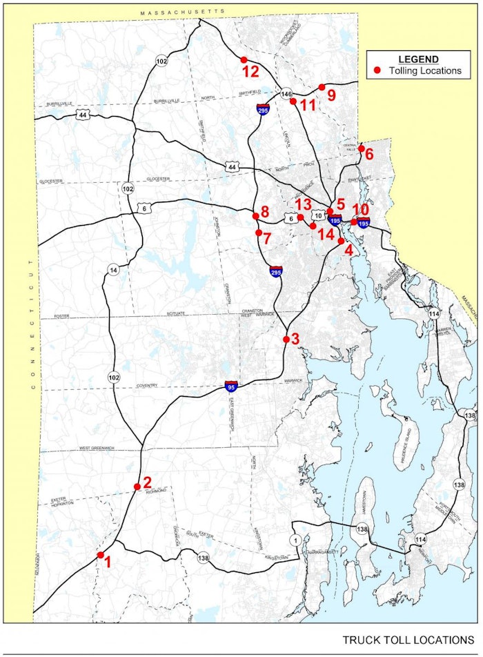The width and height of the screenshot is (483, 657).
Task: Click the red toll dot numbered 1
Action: pyautogui.click(x=101, y=555)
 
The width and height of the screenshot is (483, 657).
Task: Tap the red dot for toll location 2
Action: pyautogui.click(x=137, y=487)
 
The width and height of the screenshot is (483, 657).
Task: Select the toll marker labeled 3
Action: pyautogui.click(x=286, y=339)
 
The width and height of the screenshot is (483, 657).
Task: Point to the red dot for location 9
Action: pyautogui.click(x=322, y=87)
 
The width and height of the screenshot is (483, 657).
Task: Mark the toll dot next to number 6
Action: pyautogui.click(x=361, y=148)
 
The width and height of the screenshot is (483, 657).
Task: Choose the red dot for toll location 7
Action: pyautogui.click(x=258, y=233)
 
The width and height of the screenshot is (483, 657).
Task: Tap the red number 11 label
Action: pyautogui.click(x=308, y=104)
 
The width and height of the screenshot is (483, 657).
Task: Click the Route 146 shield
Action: pyautogui.click(x=287, y=93)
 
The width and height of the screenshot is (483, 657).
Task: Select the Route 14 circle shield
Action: pyautogui.click(x=113, y=269)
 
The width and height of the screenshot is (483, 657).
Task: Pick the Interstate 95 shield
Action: pyautogui.click(x=232, y=387)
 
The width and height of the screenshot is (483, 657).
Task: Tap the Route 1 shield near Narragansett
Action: pyautogui.click(x=295, y=540)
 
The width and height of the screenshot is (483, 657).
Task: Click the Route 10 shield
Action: pyautogui.click(x=319, y=215)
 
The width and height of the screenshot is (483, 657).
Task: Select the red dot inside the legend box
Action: pyautogui.click(x=377, y=70)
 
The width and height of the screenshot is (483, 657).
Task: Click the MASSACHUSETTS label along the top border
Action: pyautogui.click(x=182, y=12)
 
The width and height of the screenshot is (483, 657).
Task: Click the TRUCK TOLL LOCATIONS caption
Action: pyautogui.click(x=408, y=640)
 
